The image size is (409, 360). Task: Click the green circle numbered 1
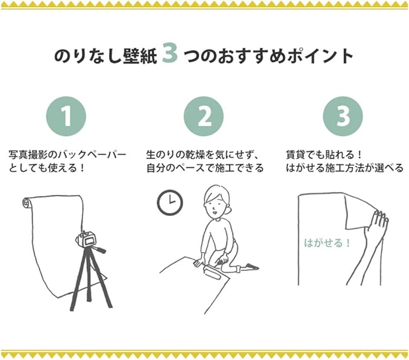tap(66, 116)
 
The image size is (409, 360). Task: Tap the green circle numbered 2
tap(204, 116)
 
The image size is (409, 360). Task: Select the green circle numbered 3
tap(343, 116)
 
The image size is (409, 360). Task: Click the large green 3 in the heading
tap(169, 52)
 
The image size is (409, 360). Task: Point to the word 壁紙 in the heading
tap(140, 55)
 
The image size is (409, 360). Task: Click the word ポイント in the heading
tap(320, 55)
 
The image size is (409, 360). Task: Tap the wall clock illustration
tap(170, 203)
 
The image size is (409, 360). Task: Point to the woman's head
tap(216, 200)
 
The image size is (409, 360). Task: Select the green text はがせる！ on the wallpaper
tap(327, 243)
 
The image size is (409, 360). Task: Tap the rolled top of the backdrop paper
tap(27, 203)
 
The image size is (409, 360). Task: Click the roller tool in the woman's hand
tap(213, 270)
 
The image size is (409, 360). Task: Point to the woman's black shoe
tap(252, 267)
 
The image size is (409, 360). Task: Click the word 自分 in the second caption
tap(156, 168)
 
